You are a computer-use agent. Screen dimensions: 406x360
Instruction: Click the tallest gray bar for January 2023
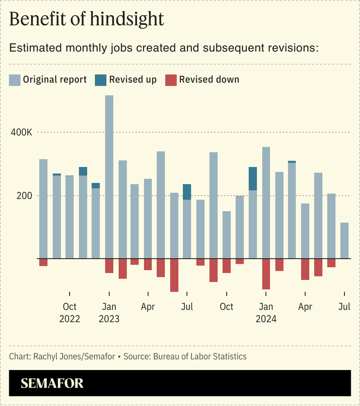click(x=109, y=175)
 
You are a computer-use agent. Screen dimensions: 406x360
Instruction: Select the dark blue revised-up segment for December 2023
click(x=253, y=179)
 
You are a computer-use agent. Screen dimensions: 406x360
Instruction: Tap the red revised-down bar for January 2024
click(x=266, y=274)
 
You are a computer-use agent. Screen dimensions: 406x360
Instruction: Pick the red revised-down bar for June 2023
click(x=174, y=275)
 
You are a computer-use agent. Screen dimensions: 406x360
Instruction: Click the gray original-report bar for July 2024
click(x=344, y=240)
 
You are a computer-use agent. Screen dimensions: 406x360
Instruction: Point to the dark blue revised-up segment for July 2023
click(x=187, y=192)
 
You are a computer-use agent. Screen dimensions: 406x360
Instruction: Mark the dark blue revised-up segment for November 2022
click(x=83, y=171)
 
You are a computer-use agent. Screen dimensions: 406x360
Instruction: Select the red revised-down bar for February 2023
click(x=123, y=268)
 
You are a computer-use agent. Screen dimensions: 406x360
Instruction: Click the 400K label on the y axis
click(x=21, y=132)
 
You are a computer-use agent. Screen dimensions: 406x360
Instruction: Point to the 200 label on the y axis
click(x=25, y=196)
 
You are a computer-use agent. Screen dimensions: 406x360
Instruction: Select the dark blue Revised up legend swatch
click(x=101, y=80)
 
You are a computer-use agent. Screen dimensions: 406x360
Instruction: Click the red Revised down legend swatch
click(x=171, y=80)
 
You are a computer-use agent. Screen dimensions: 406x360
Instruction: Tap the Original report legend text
click(x=55, y=80)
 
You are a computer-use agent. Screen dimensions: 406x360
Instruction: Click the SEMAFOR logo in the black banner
click(x=52, y=383)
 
